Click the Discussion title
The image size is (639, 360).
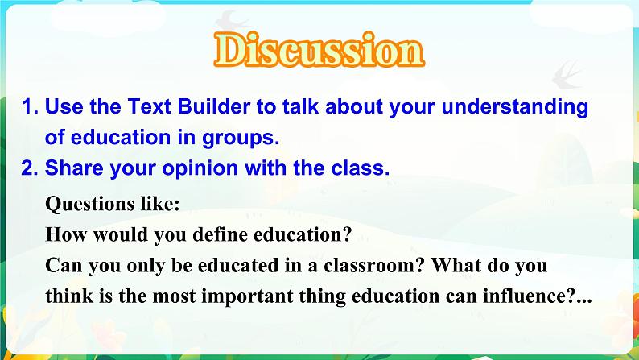coord(319,50)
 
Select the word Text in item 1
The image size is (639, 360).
coord(150,106)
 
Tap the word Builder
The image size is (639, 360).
coord(213,106)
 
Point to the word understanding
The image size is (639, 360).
coord(515,108)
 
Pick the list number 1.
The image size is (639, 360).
coord(29,107)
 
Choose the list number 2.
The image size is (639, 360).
coord(29,168)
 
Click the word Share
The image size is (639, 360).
coord(74,168)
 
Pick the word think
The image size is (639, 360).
coord(69,296)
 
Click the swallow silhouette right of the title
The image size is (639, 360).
coord(567,75)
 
